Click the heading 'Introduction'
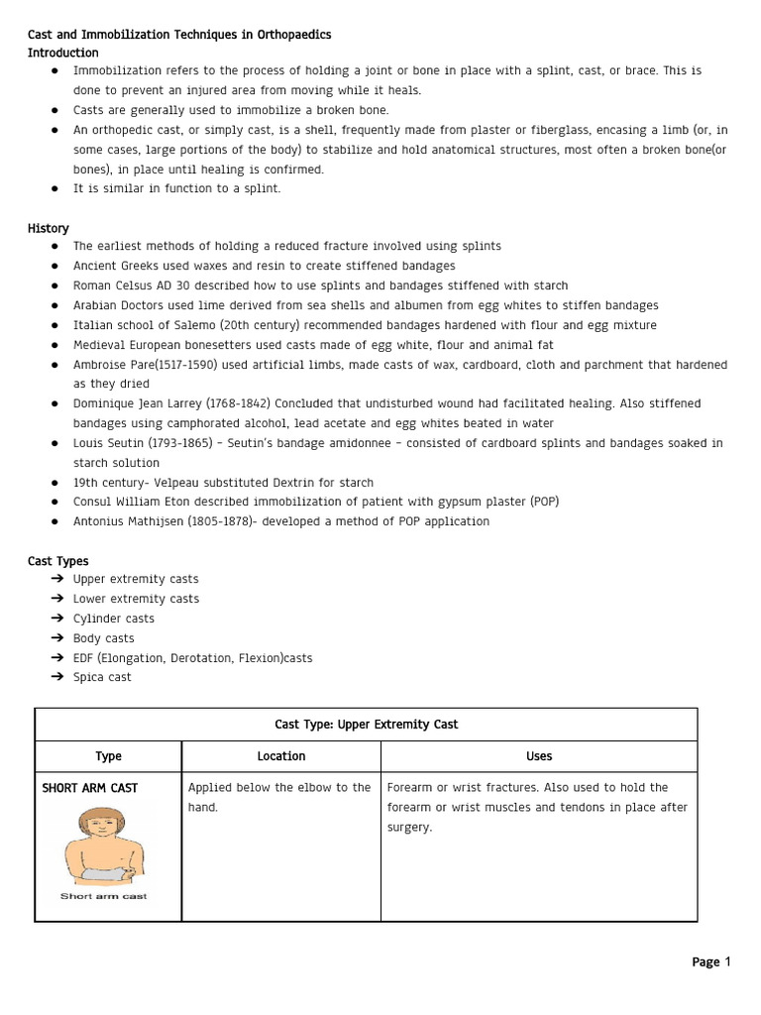62,53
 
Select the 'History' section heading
49,228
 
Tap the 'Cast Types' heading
57,561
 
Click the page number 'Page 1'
710,961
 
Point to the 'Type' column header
108,756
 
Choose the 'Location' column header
281,756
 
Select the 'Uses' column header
539,756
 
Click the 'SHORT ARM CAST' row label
90,788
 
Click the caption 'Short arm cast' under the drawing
103,896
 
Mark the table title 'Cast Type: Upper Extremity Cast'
366,725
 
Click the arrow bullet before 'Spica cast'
54,677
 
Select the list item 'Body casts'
103,638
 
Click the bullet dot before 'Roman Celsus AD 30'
54,285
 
